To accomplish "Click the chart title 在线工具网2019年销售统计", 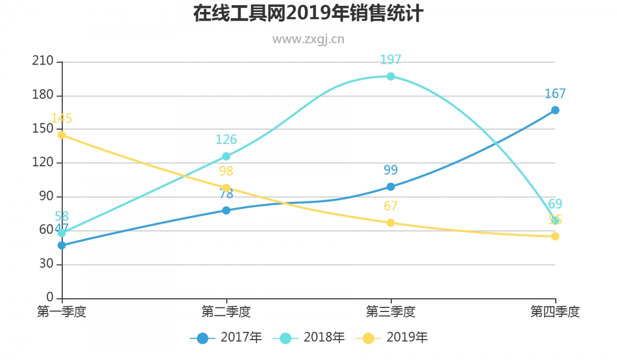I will pos(308,13).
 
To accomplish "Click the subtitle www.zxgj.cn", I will pos(308,39).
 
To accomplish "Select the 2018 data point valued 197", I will pos(391,76).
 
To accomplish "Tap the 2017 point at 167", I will pos(555,110).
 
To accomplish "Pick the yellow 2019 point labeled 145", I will pos(62,135).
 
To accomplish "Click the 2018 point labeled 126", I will pos(226,156).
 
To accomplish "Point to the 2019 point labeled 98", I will pos(226,187).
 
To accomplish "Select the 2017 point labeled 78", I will pos(226,210).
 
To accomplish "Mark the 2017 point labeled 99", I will pos(391,186).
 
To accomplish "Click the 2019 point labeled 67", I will pos(391,222).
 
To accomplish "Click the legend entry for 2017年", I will pos(226,338).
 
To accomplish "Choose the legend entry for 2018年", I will pos(309,338).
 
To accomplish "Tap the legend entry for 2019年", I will pos(392,338).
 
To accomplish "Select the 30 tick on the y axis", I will pos(46,264).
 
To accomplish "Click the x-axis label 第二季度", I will pos(226,312).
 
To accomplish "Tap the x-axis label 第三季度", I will pos(391,312).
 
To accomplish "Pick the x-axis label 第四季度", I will pos(555,312).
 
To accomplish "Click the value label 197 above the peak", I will pos(391,59).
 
